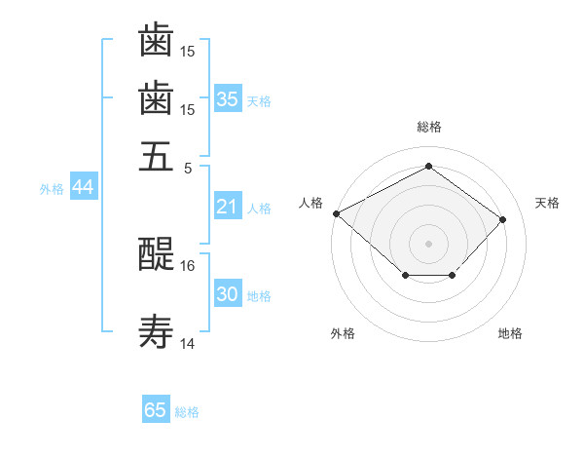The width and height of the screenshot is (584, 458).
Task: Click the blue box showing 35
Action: (228, 98)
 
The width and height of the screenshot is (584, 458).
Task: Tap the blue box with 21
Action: (228, 206)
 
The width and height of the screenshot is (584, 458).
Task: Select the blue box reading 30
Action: (228, 292)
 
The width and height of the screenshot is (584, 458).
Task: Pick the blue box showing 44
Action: (84, 186)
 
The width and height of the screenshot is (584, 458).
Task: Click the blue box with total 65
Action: (156, 408)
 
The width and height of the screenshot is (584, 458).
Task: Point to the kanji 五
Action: (156, 157)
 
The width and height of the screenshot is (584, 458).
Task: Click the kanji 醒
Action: (156, 254)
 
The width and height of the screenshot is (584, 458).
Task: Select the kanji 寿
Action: (156, 331)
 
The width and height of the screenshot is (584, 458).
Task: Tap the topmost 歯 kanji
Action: (156, 40)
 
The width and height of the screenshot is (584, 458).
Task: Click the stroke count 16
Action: (187, 266)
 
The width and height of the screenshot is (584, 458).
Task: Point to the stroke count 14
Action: (187, 343)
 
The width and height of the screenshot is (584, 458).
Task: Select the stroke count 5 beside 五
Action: (188, 169)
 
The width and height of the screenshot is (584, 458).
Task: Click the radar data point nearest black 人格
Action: (337, 213)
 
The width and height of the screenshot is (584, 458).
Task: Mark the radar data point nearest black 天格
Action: (502, 219)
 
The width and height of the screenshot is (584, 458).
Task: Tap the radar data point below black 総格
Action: (428, 166)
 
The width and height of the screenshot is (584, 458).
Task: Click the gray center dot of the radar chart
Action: (428, 244)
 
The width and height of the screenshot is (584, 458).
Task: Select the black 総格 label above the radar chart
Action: (429, 127)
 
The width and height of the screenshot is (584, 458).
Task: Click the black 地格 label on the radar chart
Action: (510, 333)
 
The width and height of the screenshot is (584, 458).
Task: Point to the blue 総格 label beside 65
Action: (187, 412)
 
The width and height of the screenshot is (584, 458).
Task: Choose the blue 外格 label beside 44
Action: (52, 189)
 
